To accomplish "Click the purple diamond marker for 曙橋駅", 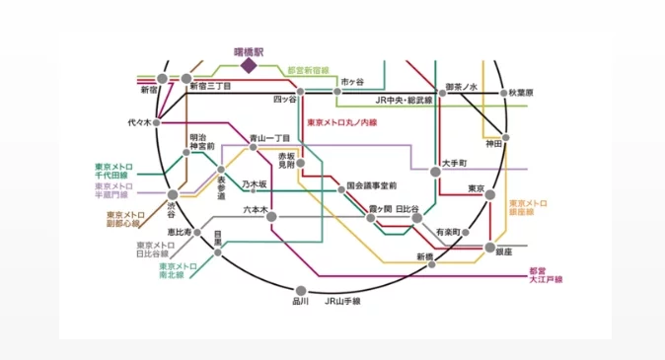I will pos(248,65).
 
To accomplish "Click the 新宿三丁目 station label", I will pos(210,87).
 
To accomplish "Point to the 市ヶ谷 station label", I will pos(352,81).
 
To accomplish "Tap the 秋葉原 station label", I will pos(521,93).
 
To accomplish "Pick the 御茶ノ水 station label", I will pos(461,88).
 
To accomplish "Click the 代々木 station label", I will pos(140,123).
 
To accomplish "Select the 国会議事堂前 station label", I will pos(372,185).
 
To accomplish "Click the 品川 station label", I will pos(301,300).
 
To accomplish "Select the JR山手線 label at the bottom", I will pos(343,300).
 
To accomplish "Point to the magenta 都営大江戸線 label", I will pos(545,275).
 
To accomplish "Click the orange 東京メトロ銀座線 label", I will pos(528,207).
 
